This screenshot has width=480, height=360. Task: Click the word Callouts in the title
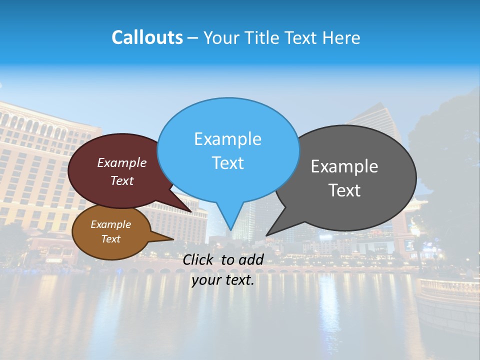147,37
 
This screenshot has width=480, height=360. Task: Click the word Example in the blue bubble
227,139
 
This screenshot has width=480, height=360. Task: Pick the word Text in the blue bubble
227,162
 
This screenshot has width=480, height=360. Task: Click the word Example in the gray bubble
344,166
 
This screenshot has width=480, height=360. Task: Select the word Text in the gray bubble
344,190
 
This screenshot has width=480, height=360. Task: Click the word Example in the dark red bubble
122,162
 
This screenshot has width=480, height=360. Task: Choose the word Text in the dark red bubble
122,180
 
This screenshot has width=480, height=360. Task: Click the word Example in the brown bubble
110,224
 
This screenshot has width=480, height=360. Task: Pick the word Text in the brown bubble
110,239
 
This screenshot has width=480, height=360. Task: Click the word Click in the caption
199,259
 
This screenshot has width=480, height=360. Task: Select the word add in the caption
251,259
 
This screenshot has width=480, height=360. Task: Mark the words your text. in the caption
223,280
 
